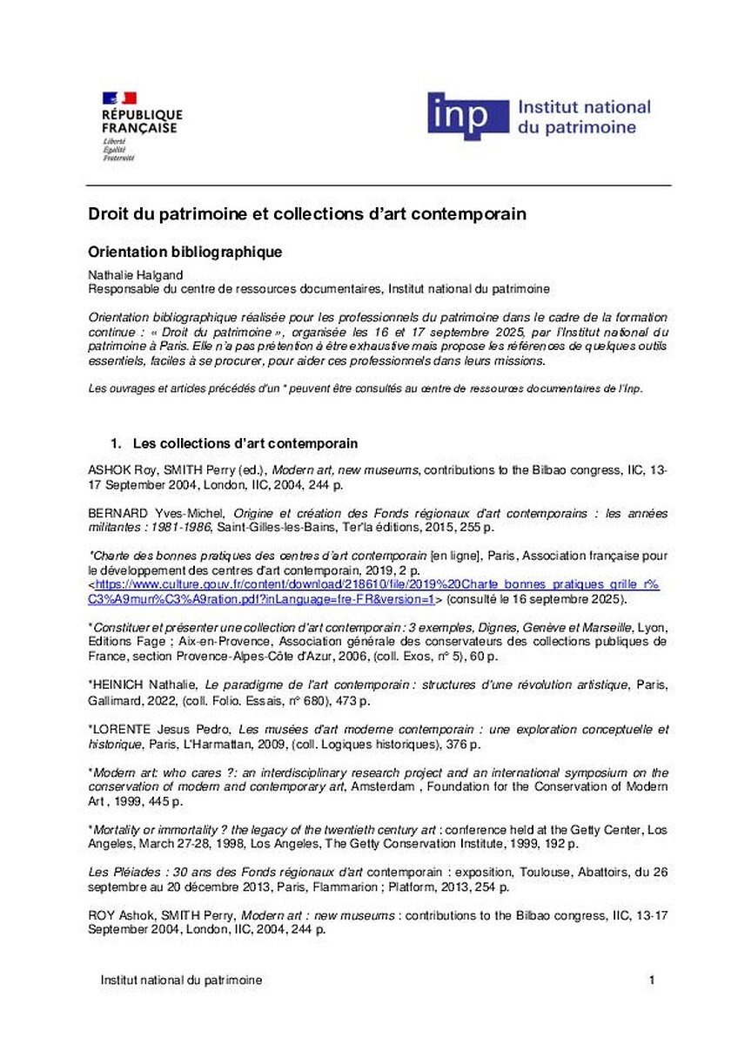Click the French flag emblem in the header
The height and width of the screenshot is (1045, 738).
(120, 98)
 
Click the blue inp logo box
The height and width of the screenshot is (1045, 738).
(467, 117)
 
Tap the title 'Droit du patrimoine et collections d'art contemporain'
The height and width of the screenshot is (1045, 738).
(309, 213)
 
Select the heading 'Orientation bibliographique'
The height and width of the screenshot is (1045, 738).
(186, 253)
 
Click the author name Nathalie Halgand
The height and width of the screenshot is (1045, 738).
(130, 274)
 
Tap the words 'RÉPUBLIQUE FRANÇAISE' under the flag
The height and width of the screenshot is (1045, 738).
(142, 121)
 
